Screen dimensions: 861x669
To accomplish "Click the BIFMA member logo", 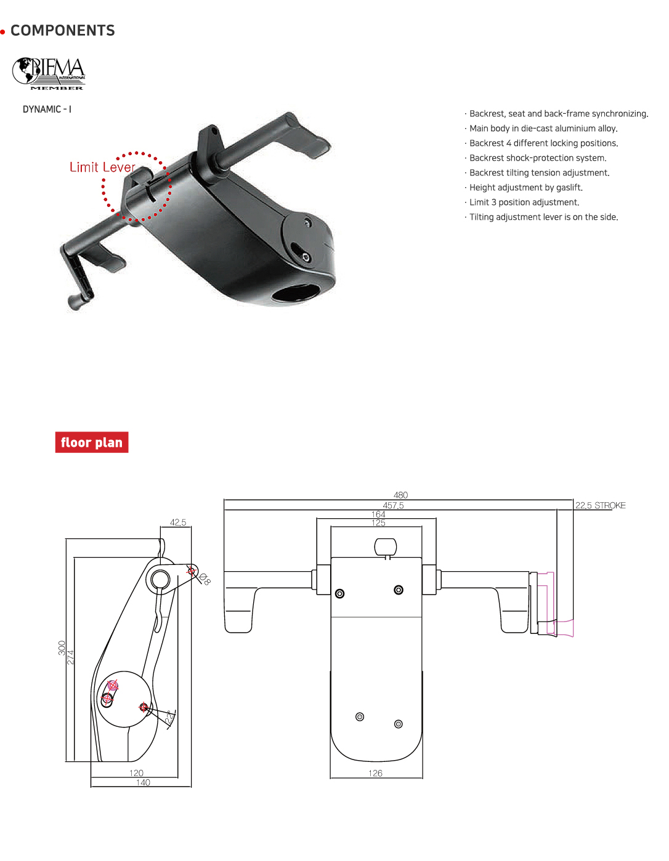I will (x=49, y=73).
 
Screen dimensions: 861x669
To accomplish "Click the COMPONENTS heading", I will (x=63, y=31).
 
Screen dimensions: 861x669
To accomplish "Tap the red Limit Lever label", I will (x=102, y=167).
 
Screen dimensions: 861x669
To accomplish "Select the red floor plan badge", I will (x=92, y=443).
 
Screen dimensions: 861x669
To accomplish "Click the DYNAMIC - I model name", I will (x=47, y=110).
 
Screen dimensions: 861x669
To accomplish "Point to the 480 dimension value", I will (x=400, y=495).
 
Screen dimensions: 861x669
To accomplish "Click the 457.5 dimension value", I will (x=393, y=505).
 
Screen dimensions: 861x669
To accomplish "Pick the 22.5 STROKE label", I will (x=600, y=505).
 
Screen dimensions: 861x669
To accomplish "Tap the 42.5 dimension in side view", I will (x=178, y=523).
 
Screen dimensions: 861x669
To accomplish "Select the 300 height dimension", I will (x=62, y=647).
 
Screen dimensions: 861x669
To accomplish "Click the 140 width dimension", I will (x=143, y=782).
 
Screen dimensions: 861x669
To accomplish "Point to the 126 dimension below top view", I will (x=375, y=773).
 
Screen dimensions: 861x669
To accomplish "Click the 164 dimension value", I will (x=378, y=514).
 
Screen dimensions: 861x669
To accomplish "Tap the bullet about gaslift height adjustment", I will (x=525, y=188).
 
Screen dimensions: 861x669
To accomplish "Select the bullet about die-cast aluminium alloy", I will (x=543, y=129).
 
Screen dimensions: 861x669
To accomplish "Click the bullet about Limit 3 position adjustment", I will (x=524, y=202).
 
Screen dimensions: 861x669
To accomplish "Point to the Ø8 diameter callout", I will (x=205, y=579).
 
